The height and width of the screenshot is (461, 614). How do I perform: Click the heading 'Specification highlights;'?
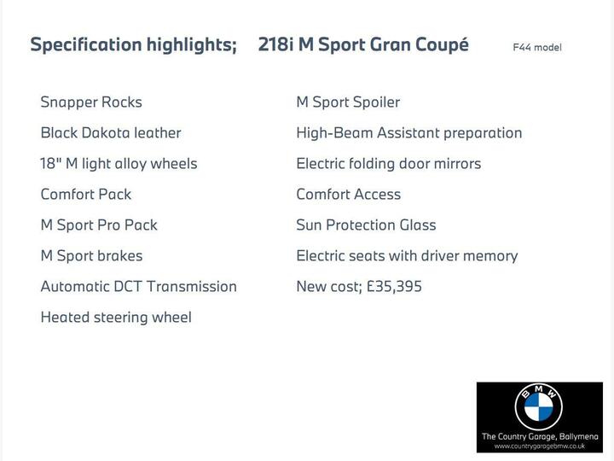(133, 45)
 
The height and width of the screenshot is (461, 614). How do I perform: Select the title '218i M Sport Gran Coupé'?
(363, 45)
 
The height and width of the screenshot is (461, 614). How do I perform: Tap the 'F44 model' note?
(537, 48)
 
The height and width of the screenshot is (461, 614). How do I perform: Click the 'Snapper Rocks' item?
(91, 102)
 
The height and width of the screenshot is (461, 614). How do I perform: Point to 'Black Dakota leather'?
(111, 133)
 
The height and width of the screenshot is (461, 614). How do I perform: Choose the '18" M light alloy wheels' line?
(119, 164)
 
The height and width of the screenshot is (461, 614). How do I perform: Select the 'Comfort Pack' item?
(86, 195)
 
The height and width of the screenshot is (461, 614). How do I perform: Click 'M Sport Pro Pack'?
(99, 225)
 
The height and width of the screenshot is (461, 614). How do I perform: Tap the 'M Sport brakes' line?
(91, 256)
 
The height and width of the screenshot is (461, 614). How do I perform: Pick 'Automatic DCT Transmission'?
(138, 287)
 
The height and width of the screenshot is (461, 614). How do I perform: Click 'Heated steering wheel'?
(116, 318)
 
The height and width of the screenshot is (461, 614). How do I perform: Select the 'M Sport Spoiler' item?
(348, 102)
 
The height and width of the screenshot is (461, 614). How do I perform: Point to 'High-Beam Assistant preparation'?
(408, 133)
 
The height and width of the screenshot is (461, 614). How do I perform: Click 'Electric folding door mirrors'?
(388, 164)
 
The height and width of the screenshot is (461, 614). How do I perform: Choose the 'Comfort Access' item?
(348, 195)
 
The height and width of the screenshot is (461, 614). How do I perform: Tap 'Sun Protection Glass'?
(366, 225)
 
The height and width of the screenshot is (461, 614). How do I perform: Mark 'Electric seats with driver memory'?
(407, 256)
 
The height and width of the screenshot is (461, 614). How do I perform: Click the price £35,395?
(394, 287)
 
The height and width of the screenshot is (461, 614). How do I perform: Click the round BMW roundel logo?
(539, 407)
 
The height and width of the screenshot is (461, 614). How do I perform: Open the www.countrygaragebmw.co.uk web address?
(539, 446)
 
